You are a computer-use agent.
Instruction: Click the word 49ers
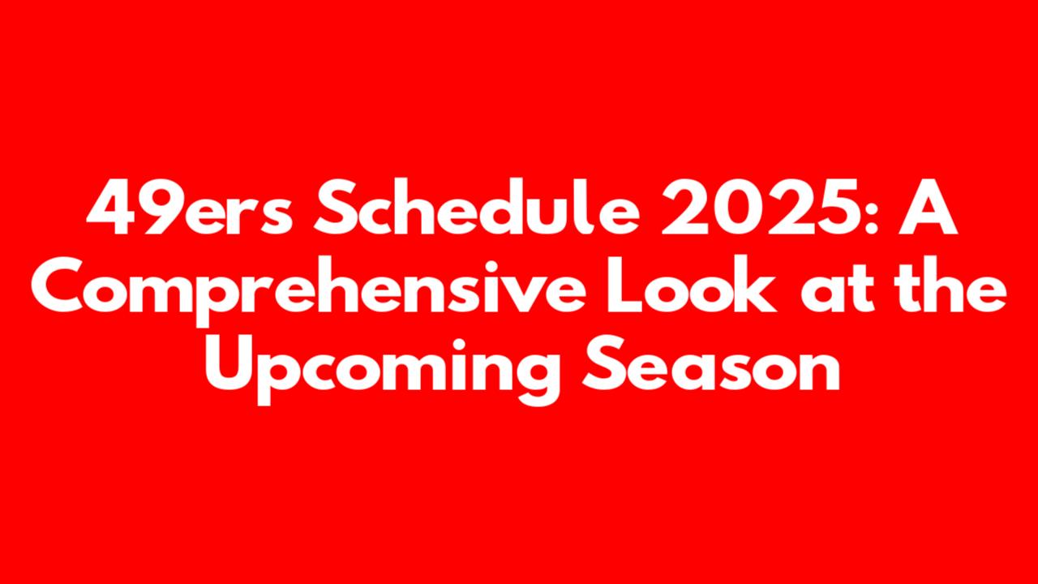tap(190, 207)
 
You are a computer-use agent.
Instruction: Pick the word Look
tap(691, 284)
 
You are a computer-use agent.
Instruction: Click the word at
tap(837, 287)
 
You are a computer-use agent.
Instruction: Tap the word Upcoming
tap(383, 369)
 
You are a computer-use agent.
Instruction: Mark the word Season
tap(711, 363)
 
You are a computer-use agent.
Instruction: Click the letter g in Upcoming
tap(537, 376)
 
